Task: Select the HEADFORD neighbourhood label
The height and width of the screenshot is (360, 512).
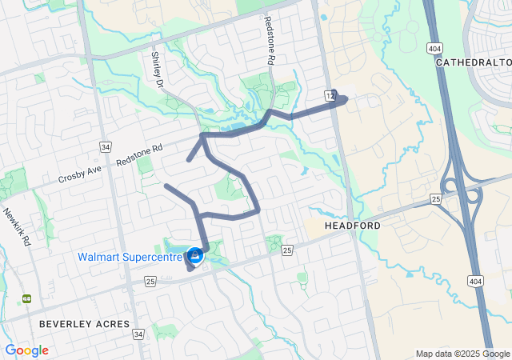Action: click(352, 226)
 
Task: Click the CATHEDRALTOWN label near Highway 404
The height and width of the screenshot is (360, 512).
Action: click(475, 62)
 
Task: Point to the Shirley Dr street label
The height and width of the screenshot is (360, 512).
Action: click(158, 70)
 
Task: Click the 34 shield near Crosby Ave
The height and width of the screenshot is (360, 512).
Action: click(105, 146)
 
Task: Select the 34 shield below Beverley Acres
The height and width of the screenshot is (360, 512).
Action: click(139, 334)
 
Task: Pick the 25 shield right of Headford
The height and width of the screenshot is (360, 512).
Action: click(436, 198)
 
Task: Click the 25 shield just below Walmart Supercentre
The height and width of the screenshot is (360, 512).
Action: click(150, 281)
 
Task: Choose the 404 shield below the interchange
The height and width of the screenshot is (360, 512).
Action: click(475, 281)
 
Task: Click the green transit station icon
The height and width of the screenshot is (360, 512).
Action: click(26, 298)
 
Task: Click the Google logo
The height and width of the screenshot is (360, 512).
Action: click(26, 350)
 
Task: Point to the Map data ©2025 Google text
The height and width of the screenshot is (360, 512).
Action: click(462, 354)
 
